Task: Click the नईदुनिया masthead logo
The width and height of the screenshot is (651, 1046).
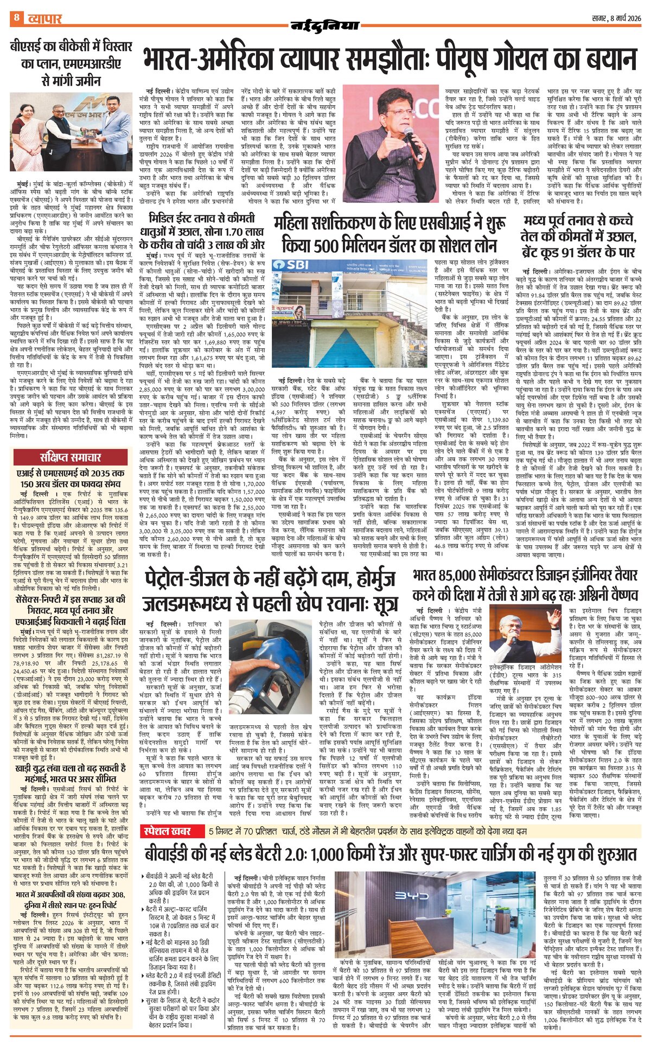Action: point(325,25)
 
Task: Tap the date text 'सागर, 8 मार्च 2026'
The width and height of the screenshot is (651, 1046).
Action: point(616,18)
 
